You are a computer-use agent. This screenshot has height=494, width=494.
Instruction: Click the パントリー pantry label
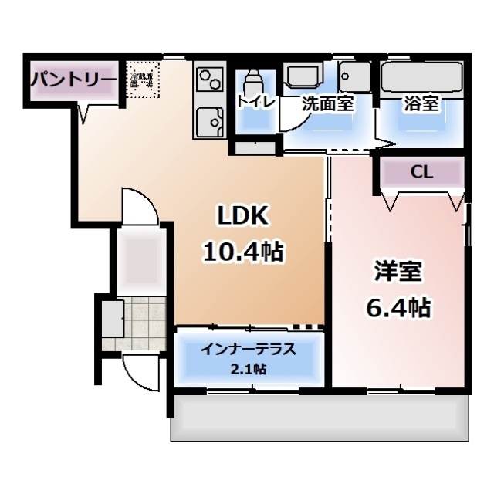tap(74, 80)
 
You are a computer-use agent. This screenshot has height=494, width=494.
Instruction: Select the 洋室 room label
tap(398, 272)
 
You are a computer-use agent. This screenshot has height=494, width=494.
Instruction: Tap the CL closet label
tap(421, 171)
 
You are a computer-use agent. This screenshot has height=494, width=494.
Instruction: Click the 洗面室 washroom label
tap(327, 103)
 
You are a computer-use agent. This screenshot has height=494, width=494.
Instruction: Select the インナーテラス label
tap(248, 349)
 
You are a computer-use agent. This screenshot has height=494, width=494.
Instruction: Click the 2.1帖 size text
tap(248, 369)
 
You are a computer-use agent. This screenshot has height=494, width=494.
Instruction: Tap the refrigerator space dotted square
tap(143, 82)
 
